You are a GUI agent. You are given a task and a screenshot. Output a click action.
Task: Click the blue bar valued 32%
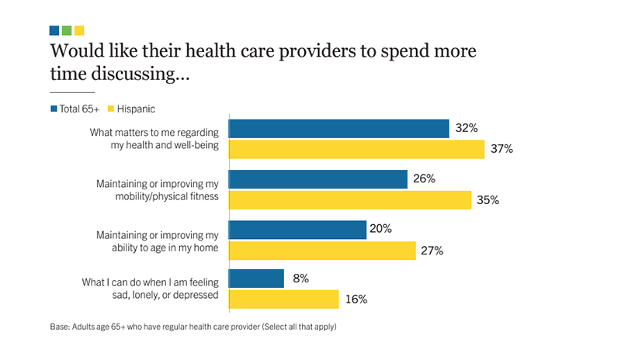pos(339,129)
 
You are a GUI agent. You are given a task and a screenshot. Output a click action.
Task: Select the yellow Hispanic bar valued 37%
pos(357,149)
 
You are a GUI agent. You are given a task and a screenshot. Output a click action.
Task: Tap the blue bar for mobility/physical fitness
pos(318,179)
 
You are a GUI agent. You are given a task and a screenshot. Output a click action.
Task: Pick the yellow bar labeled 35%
pos(350,199)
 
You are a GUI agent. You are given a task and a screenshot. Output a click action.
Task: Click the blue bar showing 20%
pos(298,230)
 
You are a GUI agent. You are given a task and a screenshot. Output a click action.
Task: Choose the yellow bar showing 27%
pos(323,250)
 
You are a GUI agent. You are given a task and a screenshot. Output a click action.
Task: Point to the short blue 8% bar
pos(257,279)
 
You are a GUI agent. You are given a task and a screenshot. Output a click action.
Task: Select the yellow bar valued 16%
pos(284,299)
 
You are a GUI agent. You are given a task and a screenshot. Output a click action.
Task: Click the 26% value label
pos(424,179)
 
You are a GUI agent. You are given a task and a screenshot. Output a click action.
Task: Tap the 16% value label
pos(356,299)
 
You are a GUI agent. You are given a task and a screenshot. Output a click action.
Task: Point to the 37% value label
pos(501,149)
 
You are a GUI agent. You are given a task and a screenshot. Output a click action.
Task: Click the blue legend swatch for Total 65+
pos(54,109)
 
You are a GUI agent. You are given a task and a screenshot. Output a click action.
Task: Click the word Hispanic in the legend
pos(137,109)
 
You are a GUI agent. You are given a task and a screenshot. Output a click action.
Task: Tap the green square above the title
pos(67,30)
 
